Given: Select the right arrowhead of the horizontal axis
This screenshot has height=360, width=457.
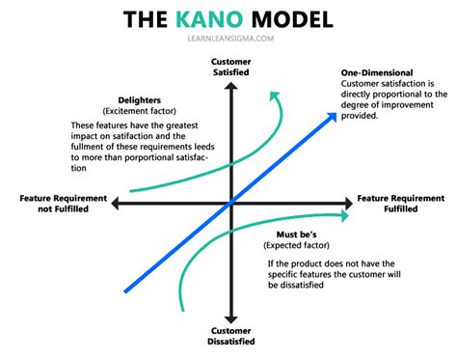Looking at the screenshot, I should click(x=348, y=203).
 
